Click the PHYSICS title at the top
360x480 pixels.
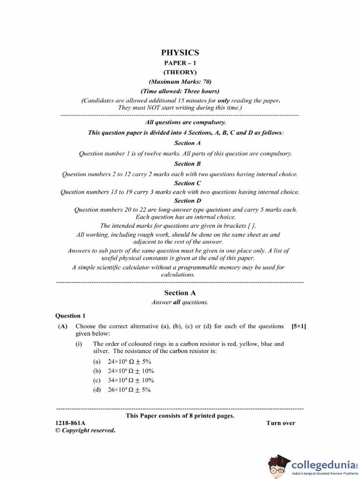[180, 52]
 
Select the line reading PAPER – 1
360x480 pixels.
[180, 63]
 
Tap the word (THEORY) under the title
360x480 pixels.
[180, 72]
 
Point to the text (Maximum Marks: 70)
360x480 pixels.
[180, 82]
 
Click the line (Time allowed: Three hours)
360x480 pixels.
[180, 91]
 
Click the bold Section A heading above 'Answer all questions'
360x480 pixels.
[180, 292]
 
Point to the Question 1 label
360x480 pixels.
[71, 315]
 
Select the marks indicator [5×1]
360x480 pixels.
[299, 326]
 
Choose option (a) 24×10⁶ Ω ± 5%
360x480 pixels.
[122, 361]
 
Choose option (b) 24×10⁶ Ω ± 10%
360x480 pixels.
[123, 371]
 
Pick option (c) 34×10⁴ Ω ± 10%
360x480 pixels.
[123, 380]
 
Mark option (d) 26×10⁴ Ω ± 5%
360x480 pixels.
[122, 390]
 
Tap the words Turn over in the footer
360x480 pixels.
[281, 423]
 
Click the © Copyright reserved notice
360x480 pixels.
[85, 430]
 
